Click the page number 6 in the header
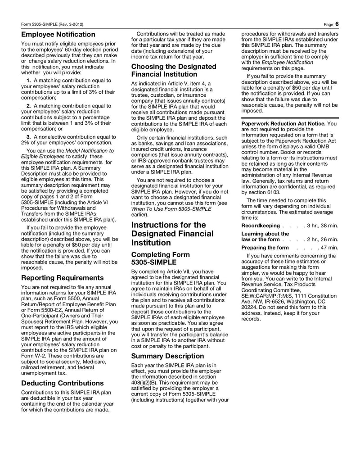pyautogui.click(x=337, y=23)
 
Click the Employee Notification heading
pyautogui.click(x=58, y=34)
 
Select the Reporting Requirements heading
pyautogui.click(x=63, y=277)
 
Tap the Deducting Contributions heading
pyautogui.click(x=63, y=383)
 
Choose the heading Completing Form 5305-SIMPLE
pyautogui.click(x=160, y=258)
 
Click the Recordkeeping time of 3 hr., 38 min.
pyautogui.click(x=322, y=225)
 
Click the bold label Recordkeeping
pyautogui.click(x=261, y=225)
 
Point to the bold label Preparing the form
pyautogui.click(x=265, y=248)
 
